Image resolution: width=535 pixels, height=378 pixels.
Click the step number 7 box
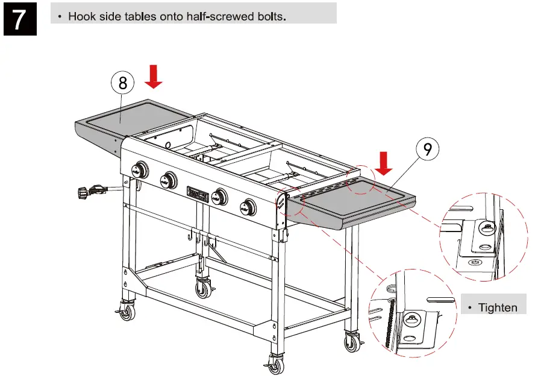(19, 19)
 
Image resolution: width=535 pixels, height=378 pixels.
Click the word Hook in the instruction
(81, 16)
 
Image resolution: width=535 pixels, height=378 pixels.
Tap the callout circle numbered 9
(427, 149)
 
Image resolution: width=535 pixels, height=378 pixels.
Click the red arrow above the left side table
(155, 77)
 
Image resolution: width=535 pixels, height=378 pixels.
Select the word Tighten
(498, 307)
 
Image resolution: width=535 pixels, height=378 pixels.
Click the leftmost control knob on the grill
(140, 170)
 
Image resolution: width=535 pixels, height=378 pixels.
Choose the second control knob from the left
(169, 180)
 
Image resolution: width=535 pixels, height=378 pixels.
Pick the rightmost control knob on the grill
(247, 207)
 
